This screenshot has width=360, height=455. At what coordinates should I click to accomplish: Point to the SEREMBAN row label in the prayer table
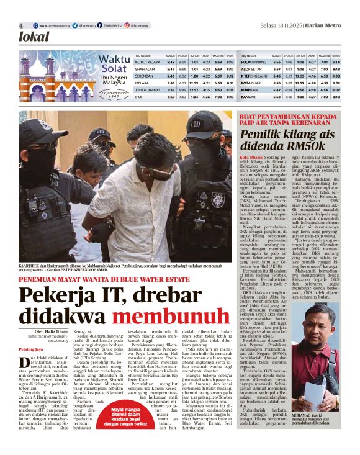[x=146, y=75]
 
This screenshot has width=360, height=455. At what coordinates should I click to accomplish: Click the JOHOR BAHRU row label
[x=149, y=90]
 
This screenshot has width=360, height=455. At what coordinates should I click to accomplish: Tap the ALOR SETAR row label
[x=251, y=68]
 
